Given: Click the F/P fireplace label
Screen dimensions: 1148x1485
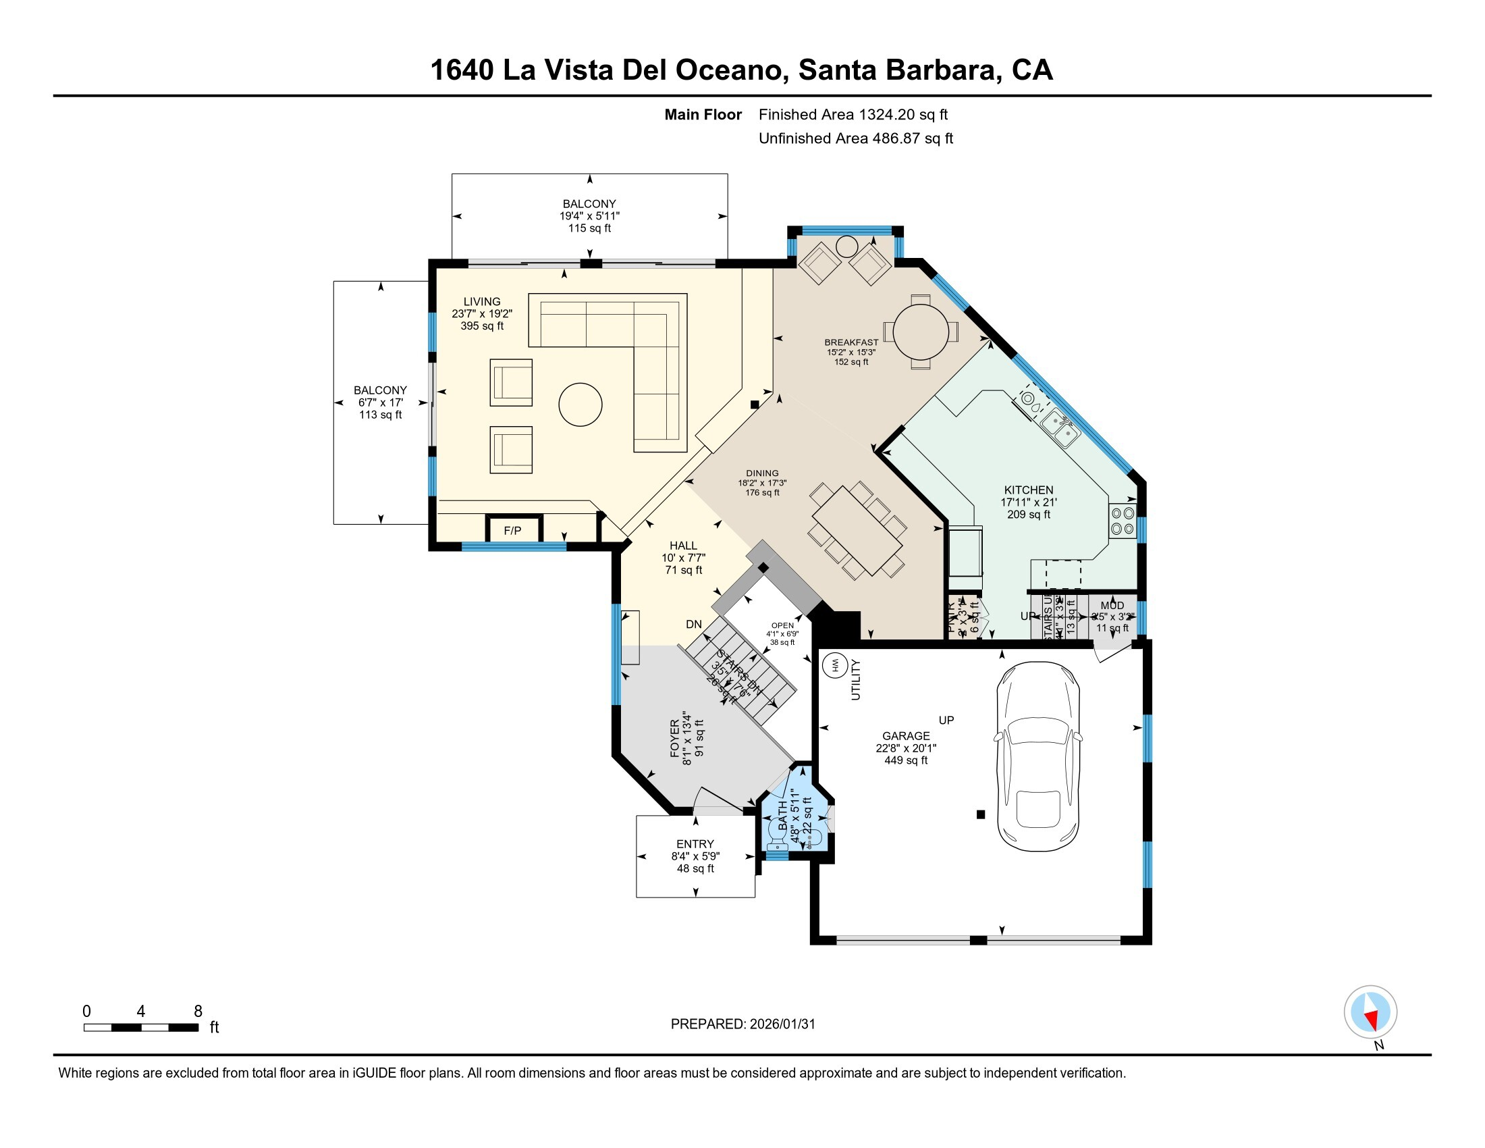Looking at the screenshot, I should pyautogui.click(x=513, y=531).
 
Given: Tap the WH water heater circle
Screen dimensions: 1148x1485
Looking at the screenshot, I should pyautogui.click(x=835, y=665).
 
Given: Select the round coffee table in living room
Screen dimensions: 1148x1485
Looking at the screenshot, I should pyautogui.click(x=580, y=405).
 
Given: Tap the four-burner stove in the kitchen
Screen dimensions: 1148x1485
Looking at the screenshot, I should pyautogui.click(x=1122, y=520).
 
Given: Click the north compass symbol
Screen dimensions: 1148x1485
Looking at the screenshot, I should pyautogui.click(x=1370, y=1012).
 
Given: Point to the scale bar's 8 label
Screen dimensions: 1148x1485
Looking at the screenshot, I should pyautogui.click(x=198, y=1011).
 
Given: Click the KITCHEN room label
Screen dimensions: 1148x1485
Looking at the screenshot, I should pyautogui.click(x=1028, y=490).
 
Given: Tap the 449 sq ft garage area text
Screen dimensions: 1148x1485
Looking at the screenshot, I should pyautogui.click(x=906, y=760).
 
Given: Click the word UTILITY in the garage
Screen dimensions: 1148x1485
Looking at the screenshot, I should pyautogui.click(x=856, y=679).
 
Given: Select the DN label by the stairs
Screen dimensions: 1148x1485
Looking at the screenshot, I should pyautogui.click(x=693, y=624).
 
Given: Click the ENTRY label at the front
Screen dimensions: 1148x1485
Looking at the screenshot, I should pyautogui.click(x=695, y=843).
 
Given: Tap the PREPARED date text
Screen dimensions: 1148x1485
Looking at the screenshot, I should pyautogui.click(x=742, y=1024).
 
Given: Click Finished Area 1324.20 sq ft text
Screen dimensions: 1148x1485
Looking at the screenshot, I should pyautogui.click(x=853, y=114).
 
